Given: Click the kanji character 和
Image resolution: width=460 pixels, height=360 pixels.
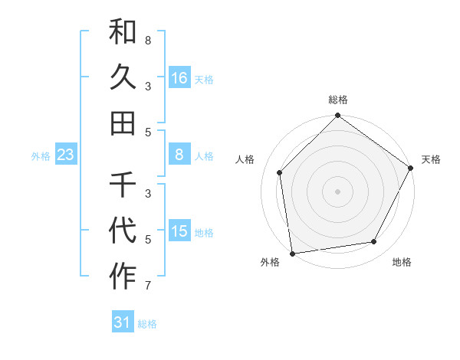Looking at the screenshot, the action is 123,33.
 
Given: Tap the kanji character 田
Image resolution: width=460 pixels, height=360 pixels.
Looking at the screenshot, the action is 123,122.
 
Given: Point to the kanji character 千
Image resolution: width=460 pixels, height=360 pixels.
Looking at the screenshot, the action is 123,185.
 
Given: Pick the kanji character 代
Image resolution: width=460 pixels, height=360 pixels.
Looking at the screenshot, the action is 123,229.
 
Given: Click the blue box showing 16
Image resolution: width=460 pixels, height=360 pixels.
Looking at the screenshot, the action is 179,77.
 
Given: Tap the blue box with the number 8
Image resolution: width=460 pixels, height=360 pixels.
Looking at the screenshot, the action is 179,155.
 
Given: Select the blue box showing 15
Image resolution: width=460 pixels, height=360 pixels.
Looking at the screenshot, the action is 179,231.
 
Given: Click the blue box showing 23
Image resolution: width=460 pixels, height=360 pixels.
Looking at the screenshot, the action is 66,155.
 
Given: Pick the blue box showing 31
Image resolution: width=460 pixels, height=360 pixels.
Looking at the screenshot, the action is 123,322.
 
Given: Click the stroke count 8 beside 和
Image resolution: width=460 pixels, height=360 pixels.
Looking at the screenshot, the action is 147,39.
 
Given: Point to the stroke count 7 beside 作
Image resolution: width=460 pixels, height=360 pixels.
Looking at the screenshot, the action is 147,286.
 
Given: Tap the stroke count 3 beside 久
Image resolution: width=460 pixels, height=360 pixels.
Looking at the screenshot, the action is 147,86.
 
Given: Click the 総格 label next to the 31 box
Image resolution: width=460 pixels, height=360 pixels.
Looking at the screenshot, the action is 147,324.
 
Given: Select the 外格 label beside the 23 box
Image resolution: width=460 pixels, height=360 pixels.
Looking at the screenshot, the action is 41,156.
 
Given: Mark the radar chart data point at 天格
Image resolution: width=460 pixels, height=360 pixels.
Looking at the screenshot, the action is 410,169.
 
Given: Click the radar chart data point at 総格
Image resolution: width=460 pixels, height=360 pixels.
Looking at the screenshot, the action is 337,116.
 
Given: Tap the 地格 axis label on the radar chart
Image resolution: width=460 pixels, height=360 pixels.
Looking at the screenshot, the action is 402,262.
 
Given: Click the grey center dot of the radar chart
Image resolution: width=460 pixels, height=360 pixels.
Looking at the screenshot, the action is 337,191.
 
